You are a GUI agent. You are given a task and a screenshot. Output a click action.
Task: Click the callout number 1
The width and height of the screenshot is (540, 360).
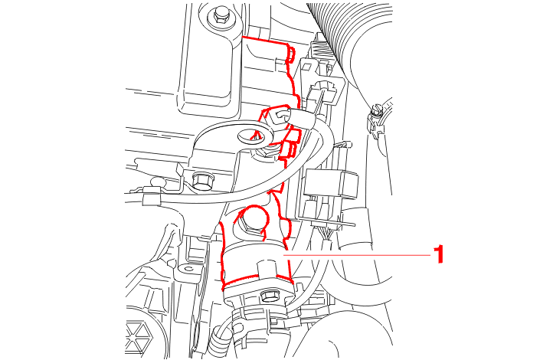click(x=438, y=254)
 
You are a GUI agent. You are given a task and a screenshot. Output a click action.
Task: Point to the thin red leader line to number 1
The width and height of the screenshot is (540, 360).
click(x=356, y=255)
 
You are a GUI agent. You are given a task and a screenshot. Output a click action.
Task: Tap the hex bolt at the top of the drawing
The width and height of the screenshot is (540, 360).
click(x=219, y=16)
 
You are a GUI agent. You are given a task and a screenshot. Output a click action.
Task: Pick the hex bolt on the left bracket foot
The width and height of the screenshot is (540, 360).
click(x=201, y=181)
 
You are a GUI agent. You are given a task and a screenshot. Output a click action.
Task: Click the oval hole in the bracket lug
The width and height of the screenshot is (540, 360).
click(x=250, y=135)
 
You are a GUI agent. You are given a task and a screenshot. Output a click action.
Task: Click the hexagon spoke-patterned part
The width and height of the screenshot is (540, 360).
click(x=139, y=336)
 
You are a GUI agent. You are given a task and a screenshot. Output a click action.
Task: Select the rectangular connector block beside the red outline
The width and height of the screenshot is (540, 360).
click(x=332, y=184)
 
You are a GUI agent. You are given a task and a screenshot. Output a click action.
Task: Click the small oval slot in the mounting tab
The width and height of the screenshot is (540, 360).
click(x=188, y=268)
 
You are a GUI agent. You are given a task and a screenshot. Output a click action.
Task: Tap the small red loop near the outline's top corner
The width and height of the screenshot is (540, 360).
click(x=291, y=55)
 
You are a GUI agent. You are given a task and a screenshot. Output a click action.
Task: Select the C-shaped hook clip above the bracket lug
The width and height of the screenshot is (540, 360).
click(x=280, y=117)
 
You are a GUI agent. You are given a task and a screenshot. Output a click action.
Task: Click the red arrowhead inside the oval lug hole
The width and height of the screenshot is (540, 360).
click(x=256, y=134)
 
